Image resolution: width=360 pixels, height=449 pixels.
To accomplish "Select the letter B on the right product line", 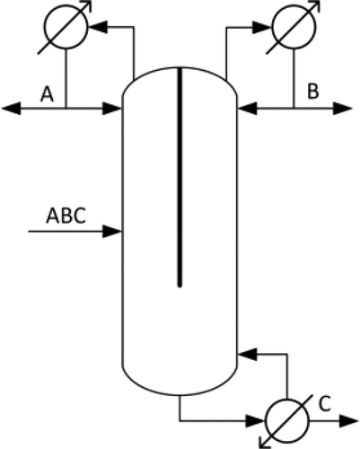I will [312, 91].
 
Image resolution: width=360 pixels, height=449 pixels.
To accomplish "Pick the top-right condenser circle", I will [293, 28].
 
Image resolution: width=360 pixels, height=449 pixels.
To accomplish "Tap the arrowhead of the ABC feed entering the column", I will [113, 232].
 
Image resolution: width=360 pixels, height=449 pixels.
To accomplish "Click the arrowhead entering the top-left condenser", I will [97, 28].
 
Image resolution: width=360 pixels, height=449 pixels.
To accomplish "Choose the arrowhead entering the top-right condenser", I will [264, 28].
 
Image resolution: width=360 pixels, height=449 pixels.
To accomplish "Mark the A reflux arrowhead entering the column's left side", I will [113, 109].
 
